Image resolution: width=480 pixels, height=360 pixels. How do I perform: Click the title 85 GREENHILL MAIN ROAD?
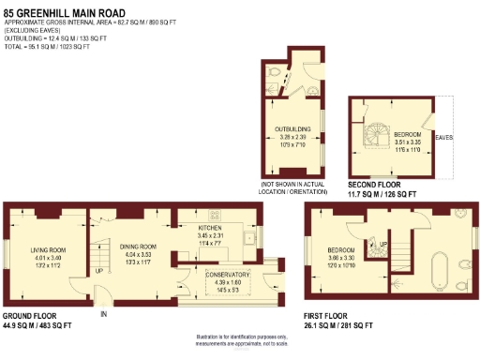pyautogui.click(x=58, y=9)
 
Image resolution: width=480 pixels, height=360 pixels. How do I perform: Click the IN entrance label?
pyautogui.click(x=104, y=315)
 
